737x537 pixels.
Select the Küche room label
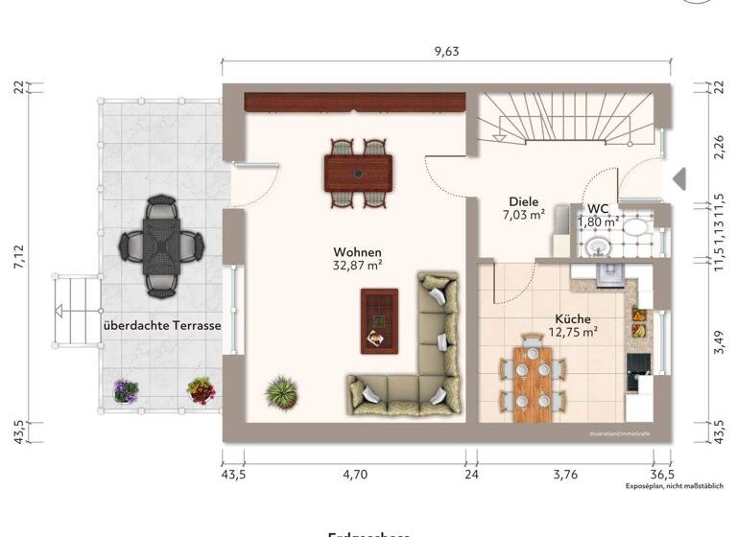pos(573,319)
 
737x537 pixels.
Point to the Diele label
pos(524,201)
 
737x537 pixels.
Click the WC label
pos(598,208)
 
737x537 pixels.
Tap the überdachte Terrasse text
pos(162,326)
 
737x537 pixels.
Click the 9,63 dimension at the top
pos(446,52)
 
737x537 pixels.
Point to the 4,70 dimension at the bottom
pos(355,474)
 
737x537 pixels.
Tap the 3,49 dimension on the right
pos(720,342)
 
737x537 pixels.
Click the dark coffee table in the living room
pos(378,320)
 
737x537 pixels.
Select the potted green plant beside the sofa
pos(282,390)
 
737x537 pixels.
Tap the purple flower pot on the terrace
pos(126,390)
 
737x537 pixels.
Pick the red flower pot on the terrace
pos(201,389)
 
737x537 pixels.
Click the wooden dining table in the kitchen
pos(532,383)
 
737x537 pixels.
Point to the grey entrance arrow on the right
pos(678,178)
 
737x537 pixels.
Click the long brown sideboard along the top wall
pos(355,101)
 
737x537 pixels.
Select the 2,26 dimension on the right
pos(720,149)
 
